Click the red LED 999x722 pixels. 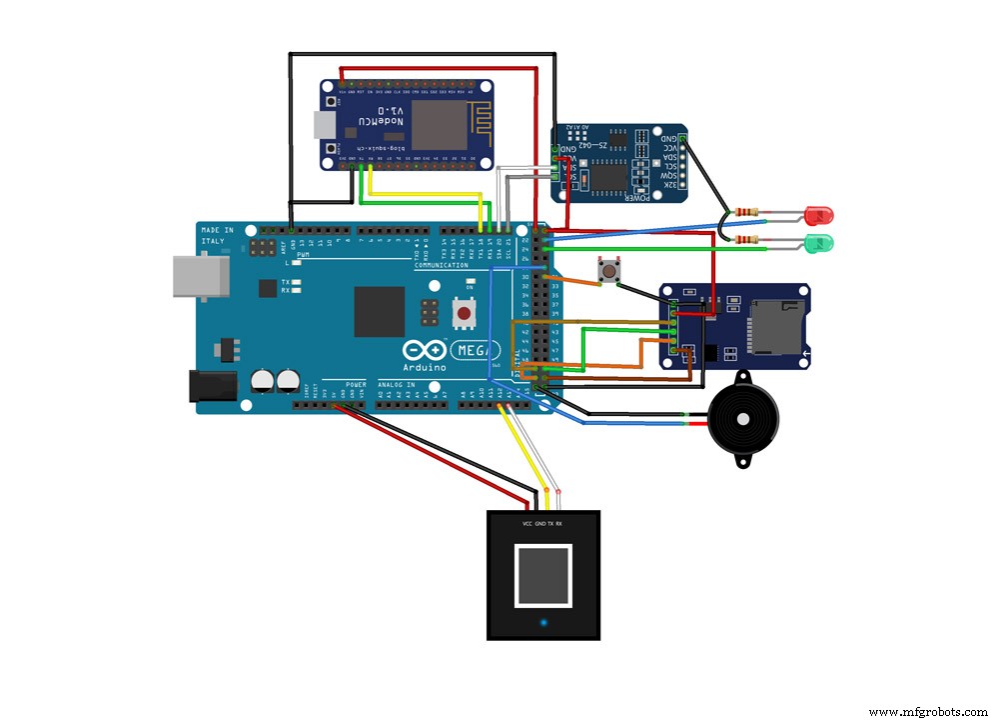coord(819,214)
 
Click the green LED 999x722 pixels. coord(819,242)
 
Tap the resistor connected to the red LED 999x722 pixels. coord(746,212)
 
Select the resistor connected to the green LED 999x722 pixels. coord(746,240)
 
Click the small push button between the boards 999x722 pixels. coord(605,270)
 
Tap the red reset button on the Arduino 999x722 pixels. coord(464,314)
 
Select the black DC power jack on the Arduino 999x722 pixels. coord(213,386)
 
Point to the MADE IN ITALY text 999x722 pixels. coord(218,237)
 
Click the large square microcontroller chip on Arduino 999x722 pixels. coord(380,312)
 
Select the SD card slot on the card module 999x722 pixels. coord(774,326)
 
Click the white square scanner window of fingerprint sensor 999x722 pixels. coord(543,576)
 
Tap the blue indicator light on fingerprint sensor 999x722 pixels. coord(543,624)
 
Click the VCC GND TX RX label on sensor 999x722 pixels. coord(542,524)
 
